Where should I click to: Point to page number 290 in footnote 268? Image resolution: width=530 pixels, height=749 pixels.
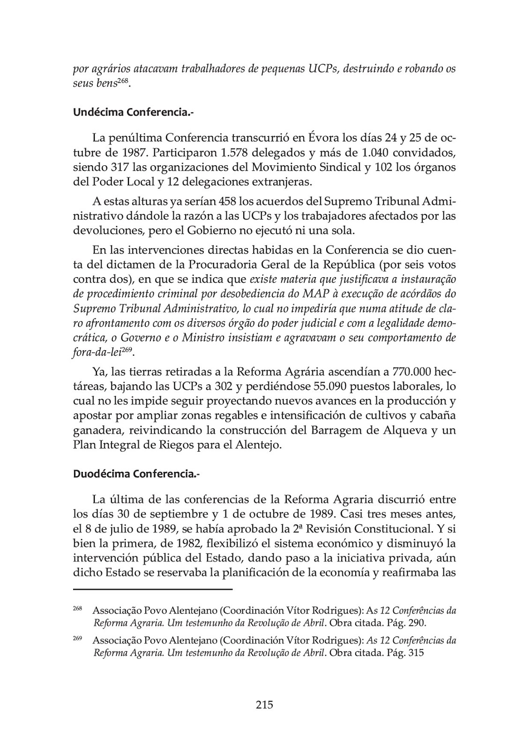[x=417, y=623]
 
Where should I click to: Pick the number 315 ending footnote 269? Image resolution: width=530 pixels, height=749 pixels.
[x=416, y=653]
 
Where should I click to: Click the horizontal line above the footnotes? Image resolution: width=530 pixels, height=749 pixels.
[x=153, y=589]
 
